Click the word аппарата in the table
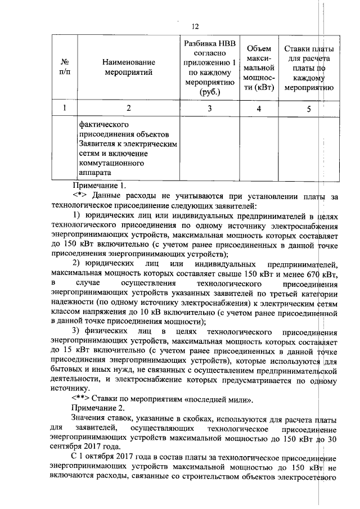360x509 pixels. tap(95, 172)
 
